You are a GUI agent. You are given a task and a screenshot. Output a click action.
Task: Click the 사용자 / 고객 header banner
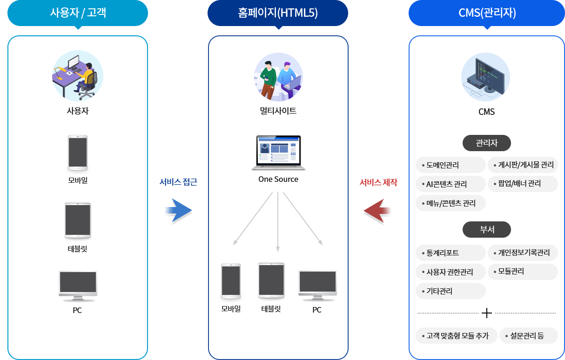click(x=78, y=13)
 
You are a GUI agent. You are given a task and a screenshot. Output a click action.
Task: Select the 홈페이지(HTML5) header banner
click(x=277, y=13)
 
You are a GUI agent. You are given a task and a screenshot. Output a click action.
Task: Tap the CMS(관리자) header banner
click(x=486, y=13)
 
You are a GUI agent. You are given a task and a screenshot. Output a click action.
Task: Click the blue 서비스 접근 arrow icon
click(x=178, y=211)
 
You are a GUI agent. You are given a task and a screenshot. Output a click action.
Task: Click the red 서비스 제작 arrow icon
click(x=377, y=212)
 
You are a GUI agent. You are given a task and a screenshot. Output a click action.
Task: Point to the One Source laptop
click(x=278, y=153)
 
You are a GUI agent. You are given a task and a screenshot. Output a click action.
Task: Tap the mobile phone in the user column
click(x=78, y=153)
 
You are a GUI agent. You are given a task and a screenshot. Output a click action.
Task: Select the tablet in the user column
click(x=78, y=220)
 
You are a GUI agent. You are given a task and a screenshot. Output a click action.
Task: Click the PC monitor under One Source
click(x=317, y=285)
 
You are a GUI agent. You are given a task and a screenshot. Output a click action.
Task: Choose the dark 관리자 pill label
click(x=487, y=143)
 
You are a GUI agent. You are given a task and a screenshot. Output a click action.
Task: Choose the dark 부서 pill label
click(x=487, y=229)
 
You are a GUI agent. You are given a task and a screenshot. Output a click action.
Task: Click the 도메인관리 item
click(x=451, y=165)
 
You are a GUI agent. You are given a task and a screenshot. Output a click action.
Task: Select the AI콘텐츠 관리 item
click(x=451, y=184)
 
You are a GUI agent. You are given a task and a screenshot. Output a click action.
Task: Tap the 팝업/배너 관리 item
click(x=523, y=184)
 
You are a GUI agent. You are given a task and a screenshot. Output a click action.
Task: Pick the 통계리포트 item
click(x=451, y=253)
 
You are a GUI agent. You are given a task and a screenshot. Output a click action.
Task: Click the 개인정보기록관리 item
click(x=523, y=253)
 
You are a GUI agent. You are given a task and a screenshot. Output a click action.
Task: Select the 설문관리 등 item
click(x=528, y=335)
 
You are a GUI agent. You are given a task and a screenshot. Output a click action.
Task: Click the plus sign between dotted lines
click(x=487, y=313)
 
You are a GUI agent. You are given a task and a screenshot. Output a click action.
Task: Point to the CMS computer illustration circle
click(x=485, y=77)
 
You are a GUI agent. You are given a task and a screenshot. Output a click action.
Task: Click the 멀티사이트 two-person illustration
click(x=278, y=77)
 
